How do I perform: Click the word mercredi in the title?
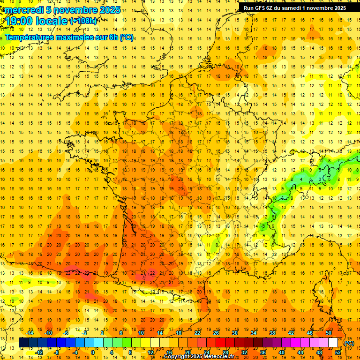22,10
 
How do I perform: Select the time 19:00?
19,21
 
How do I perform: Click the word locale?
51,21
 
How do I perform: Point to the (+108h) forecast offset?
83,21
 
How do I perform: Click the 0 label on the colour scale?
92,352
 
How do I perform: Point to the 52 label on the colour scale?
338,352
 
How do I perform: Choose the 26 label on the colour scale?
216,333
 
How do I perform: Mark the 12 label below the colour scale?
150,352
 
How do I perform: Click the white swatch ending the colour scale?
333,343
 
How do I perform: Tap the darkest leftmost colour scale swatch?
23,343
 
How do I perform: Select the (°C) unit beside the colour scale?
349,343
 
